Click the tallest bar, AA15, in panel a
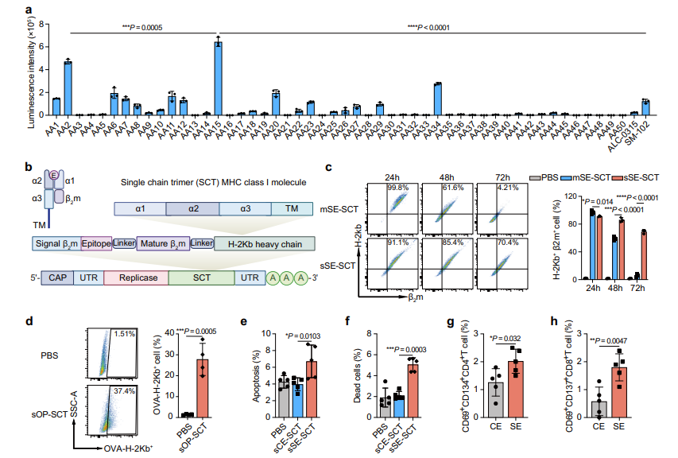(x=218, y=80)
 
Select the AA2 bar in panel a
(x=68, y=88)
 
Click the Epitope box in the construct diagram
(x=96, y=243)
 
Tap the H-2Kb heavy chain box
(x=265, y=243)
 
